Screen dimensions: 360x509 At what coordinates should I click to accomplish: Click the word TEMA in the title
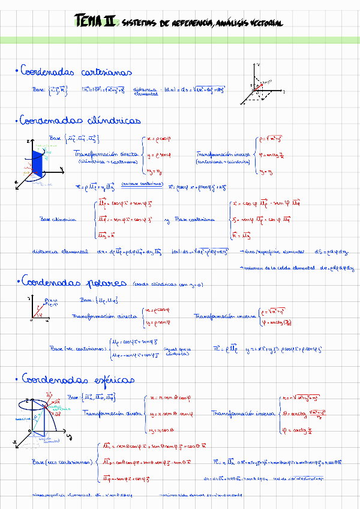pyautogui.click(x=88, y=22)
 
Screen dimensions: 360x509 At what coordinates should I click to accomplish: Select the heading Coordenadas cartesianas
pyautogui.click(x=76, y=72)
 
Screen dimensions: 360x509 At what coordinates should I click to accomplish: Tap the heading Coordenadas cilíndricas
pyautogui.click(x=80, y=121)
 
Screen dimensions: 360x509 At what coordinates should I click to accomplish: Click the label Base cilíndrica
pyautogui.click(x=58, y=219)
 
